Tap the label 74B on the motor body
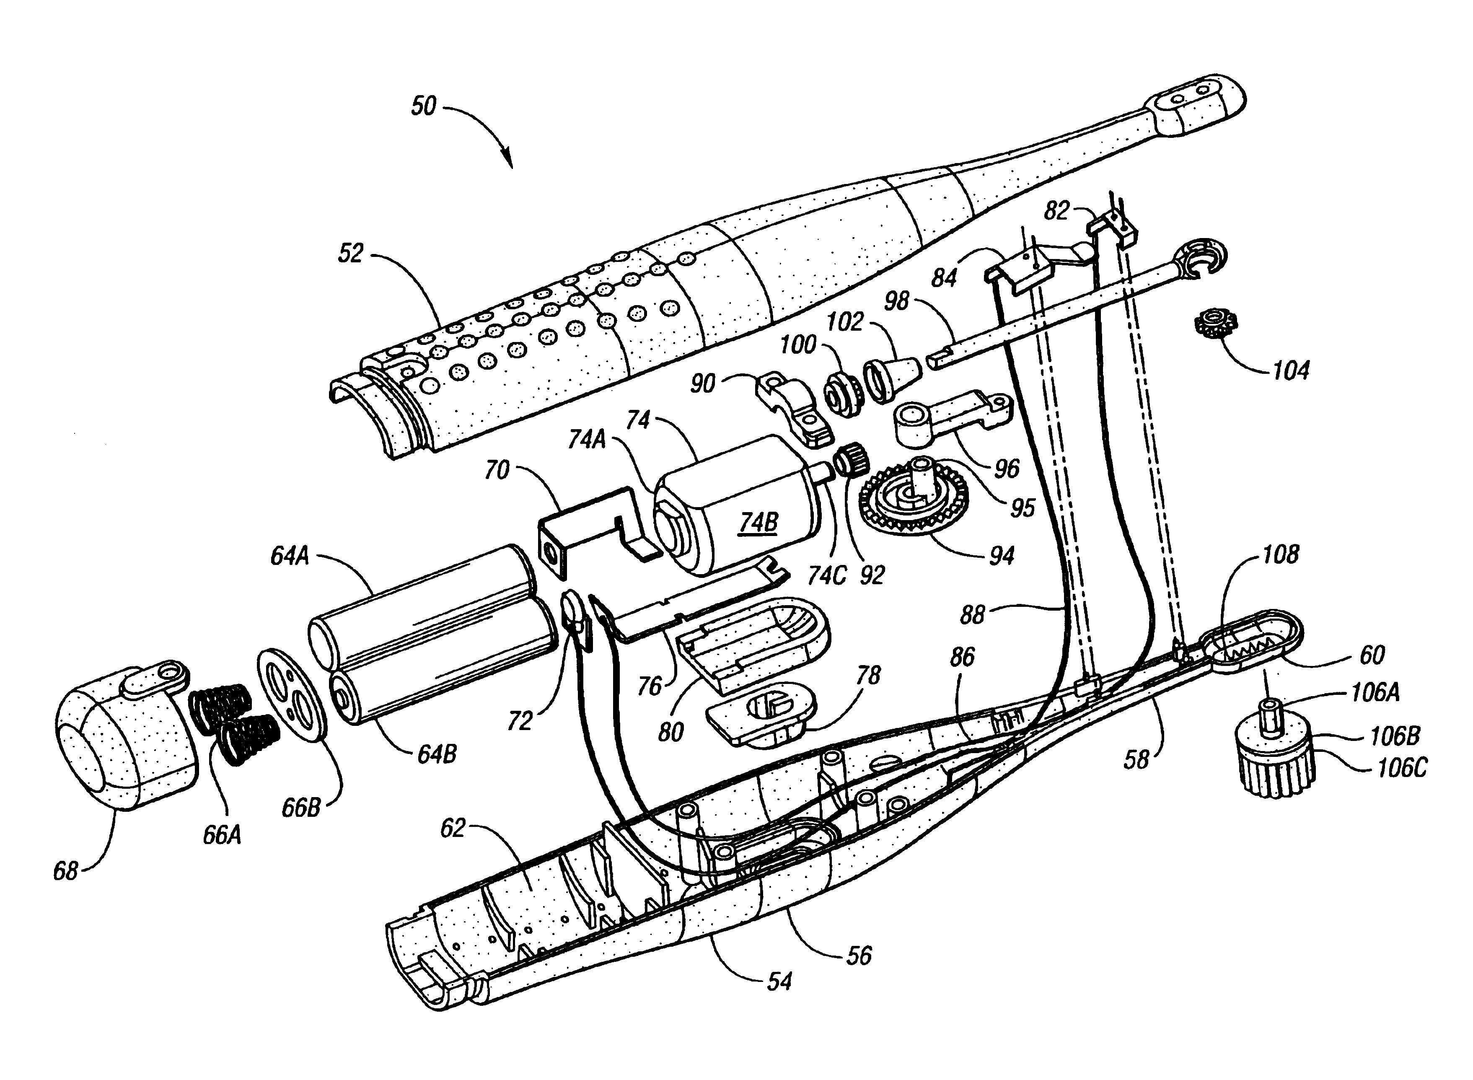click(759, 522)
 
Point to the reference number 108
click(1279, 554)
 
